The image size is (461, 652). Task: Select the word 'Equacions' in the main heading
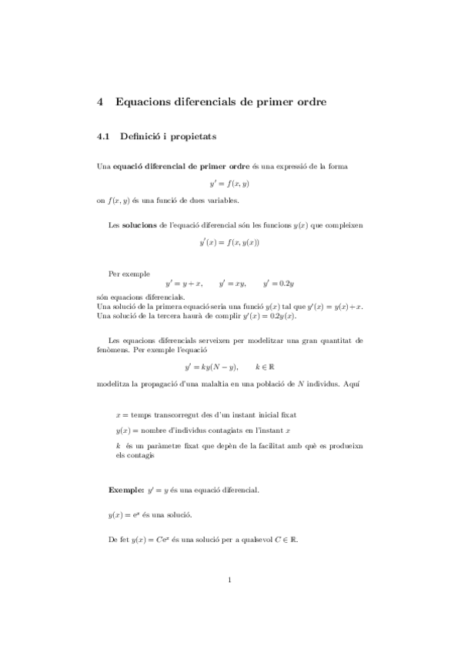(146, 101)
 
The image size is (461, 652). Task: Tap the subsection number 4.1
(104, 138)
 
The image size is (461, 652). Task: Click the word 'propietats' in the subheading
(195, 138)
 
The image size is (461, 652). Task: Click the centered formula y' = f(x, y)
(229, 183)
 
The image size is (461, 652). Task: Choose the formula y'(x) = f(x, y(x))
(229, 243)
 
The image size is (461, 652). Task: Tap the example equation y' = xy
(232, 284)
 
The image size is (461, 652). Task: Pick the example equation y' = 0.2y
(279, 284)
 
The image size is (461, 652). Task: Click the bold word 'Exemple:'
(125, 489)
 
